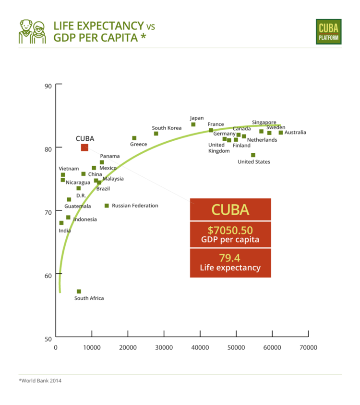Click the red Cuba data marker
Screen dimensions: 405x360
84,147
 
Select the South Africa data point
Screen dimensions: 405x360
79,292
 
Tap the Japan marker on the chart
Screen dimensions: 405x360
193,124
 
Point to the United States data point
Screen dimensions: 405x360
253,155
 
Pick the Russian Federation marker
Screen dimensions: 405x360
107,206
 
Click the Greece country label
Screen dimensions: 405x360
138,144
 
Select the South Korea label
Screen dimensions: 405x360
167,128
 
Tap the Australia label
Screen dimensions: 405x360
295,133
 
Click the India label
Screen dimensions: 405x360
65,231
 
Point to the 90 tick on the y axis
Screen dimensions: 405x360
48,86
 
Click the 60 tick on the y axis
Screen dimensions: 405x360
48,275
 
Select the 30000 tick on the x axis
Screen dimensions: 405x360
164,347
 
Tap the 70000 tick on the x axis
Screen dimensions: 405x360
308,347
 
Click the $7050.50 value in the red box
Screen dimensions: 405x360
230,230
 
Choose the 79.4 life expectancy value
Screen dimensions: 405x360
230,257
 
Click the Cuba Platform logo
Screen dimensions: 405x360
328,32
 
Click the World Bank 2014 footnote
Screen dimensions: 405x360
40,380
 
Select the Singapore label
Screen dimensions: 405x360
264,123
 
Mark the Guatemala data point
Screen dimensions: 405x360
69,199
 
